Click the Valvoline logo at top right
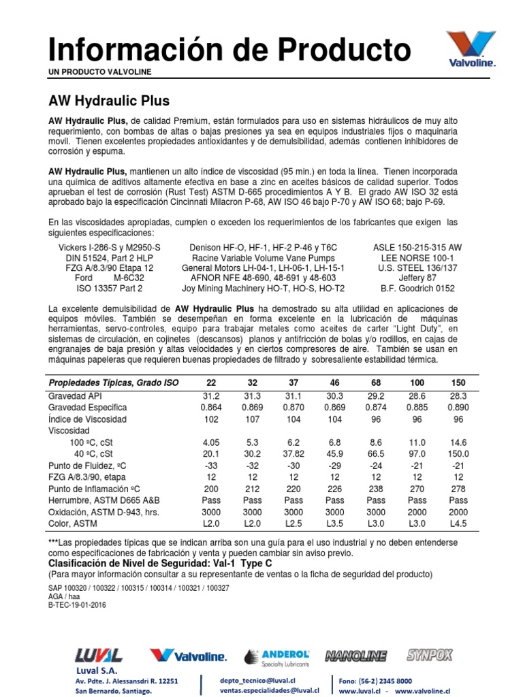[471, 49]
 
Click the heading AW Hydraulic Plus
[109, 101]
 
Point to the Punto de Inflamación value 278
[458, 489]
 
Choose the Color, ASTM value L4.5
[458, 523]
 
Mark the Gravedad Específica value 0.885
[417, 407]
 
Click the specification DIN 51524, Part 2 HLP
[110, 258]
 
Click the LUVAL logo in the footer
[99, 655]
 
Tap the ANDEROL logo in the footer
[277, 656]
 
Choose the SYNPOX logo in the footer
[429, 655]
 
